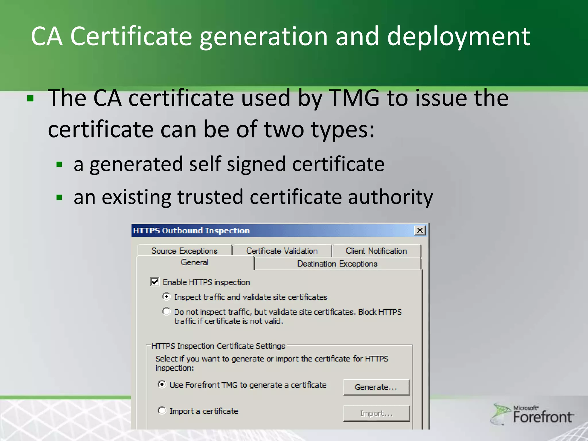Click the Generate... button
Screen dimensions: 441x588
(376, 387)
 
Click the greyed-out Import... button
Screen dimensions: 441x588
(376, 413)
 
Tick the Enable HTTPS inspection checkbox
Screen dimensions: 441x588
(155, 282)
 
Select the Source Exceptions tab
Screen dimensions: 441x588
(185, 251)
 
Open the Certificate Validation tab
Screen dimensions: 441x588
(282, 251)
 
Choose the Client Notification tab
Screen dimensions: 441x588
(376, 251)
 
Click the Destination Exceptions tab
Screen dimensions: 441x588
(337, 264)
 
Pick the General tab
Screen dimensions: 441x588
(195, 262)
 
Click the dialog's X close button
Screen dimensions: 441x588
(420, 230)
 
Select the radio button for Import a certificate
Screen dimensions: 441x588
(162, 411)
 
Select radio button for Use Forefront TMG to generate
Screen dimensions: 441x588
(162, 384)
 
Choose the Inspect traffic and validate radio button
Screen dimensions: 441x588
(166, 296)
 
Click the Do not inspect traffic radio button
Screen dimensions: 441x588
(166, 311)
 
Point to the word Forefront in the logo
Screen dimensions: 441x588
(543, 417)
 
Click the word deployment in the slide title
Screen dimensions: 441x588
(459, 36)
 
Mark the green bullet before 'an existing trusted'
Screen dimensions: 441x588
(59, 198)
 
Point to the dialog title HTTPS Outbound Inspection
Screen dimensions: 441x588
(192, 231)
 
